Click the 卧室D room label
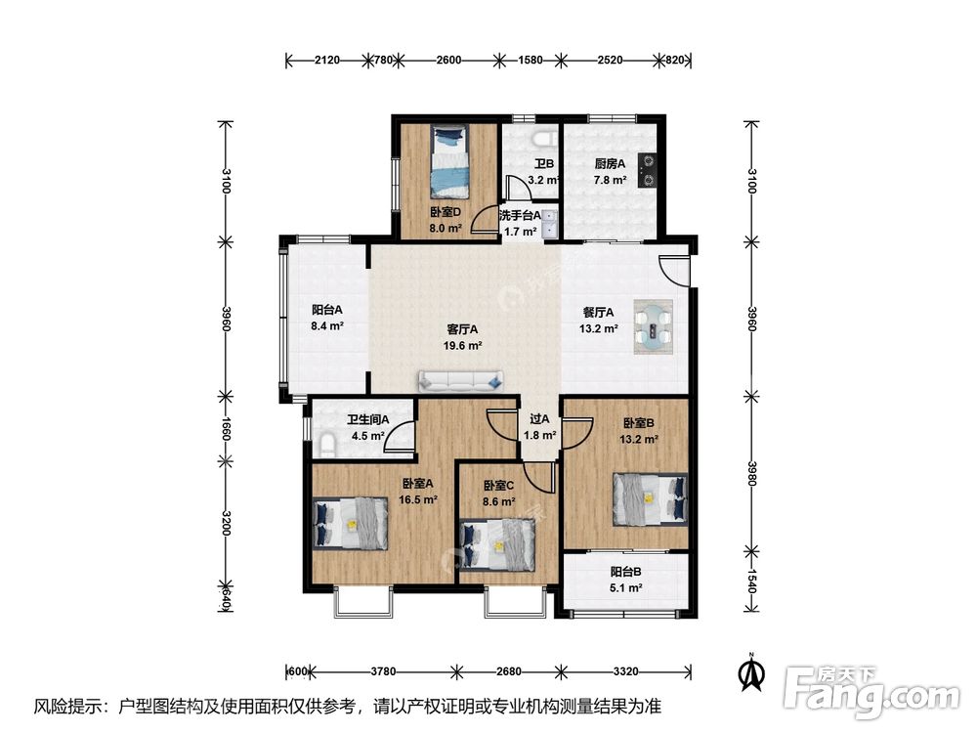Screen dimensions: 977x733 coord(445,212)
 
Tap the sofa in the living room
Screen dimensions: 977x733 coord(461,381)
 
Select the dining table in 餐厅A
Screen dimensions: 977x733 coord(653,327)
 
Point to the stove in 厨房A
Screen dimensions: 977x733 coord(649,171)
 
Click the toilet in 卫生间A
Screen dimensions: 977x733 coord(327,445)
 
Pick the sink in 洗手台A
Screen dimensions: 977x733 coord(550,225)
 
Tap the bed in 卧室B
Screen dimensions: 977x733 coord(650,499)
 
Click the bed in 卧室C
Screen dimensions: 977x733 coord(496,546)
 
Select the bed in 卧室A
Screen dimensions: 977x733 coord(350,523)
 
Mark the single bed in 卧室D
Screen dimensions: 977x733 coord(447,162)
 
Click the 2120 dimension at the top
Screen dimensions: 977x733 coord(327,60)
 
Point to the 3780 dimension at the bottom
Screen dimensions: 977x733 coord(383,671)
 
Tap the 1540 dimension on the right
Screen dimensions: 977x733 coord(751,581)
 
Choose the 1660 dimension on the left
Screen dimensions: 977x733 coord(227,429)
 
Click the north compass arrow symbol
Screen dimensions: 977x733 coord(752,672)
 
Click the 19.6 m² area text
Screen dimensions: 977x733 coord(462,346)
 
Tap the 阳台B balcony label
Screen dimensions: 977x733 coord(625,571)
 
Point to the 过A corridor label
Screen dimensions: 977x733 coord(539,419)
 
